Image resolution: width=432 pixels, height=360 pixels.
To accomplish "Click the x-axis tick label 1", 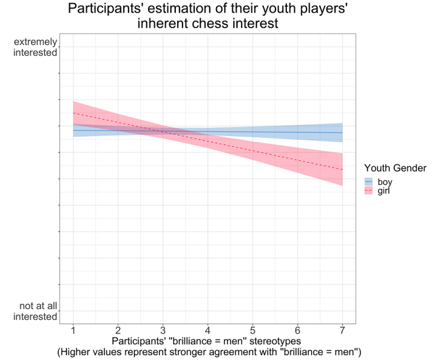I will point(73,331).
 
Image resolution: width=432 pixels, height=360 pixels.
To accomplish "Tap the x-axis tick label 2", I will point(118,331).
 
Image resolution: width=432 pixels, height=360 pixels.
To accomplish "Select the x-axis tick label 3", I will point(163,331).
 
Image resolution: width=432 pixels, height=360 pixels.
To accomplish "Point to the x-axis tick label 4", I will point(208,331).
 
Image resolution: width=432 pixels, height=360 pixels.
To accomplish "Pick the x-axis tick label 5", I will point(253,331).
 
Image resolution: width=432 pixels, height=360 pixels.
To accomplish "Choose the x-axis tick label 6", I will point(298,331).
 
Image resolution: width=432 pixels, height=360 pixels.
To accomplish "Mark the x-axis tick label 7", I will point(342,331).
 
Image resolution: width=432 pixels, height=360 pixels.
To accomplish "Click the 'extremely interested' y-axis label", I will point(35,47).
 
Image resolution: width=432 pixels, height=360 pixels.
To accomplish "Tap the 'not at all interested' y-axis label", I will point(35,311).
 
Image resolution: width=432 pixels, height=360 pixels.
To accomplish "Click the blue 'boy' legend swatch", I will point(368,181).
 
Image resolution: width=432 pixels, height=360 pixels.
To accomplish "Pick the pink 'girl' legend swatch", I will point(368,191).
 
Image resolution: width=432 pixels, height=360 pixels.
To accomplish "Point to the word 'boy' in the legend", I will point(385,181).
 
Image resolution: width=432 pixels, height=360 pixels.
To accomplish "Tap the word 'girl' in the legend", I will point(384,191).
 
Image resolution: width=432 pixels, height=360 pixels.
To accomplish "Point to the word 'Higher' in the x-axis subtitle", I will point(76,352).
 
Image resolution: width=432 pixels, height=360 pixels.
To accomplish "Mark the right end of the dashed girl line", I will point(342,170).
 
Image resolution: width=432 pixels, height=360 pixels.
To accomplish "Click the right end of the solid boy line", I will point(342,133).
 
